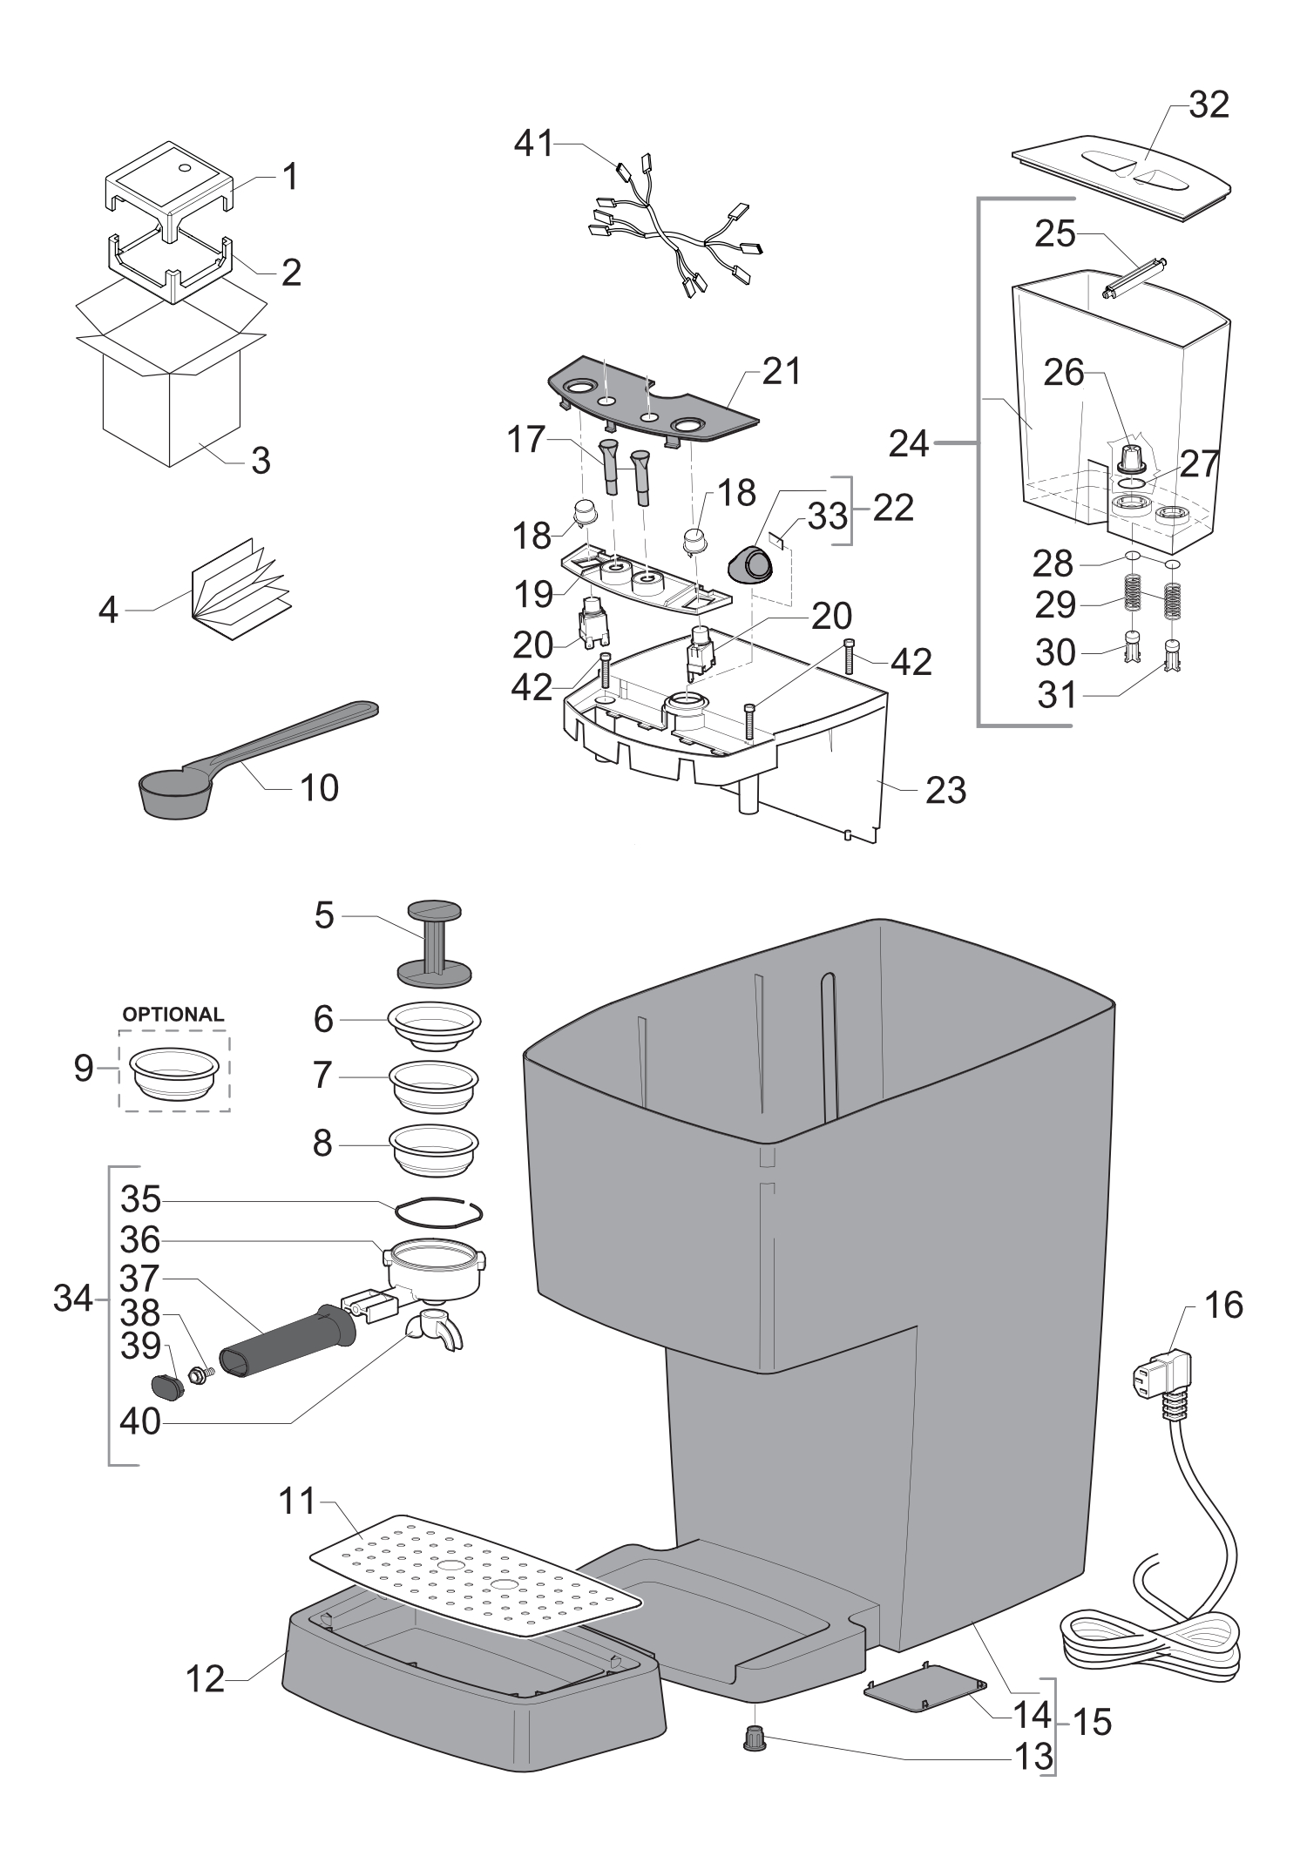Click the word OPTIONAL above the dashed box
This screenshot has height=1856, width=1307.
pyautogui.click(x=173, y=1015)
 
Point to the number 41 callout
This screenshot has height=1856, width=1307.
pyautogui.click(x=533, y=143)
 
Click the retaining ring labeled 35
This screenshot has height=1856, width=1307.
pyautogui.click(x=438, y=1211)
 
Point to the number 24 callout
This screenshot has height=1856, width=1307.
pyautogui.click(x=909, y=445)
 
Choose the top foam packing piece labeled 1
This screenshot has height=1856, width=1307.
pyautogui.click(x=170, y=181)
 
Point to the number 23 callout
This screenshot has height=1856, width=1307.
pyautogui.click(x=945, y=790)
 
